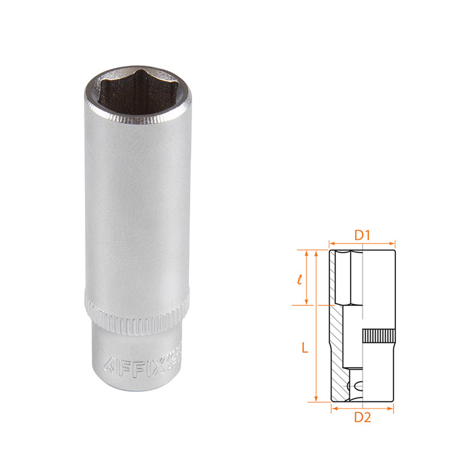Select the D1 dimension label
click(x=363, y=235)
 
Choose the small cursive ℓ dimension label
click(x=299, y=279)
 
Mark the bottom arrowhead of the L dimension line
click(x=316, y=399)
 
